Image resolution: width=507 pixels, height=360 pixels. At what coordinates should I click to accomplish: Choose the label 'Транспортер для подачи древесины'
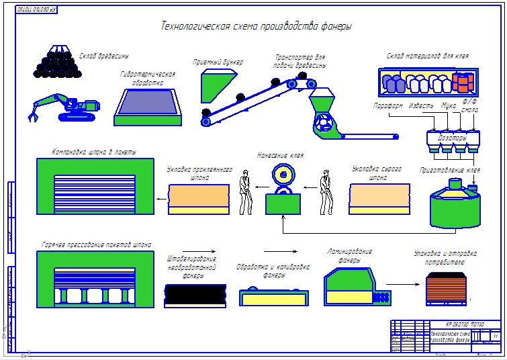coord(300,61)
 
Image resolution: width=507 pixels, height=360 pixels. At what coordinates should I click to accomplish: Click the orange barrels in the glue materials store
coord(462,83)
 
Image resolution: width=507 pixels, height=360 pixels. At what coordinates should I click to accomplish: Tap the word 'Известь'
coord(421,106)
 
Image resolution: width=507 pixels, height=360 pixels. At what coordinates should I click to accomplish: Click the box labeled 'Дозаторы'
coord(451,138)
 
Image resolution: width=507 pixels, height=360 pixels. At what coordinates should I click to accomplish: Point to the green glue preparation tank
coord(455,205)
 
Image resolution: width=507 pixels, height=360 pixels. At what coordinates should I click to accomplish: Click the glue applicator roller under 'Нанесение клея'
coord(283,177)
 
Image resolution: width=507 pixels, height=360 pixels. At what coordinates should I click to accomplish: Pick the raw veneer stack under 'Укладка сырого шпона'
coord(379,199)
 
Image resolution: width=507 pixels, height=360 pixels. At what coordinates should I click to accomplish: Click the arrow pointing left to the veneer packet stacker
coord(162,199)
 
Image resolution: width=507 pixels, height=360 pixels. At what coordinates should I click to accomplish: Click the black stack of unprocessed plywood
coord(194,295)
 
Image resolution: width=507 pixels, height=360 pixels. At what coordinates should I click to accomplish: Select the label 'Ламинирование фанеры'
coord(349,255)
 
